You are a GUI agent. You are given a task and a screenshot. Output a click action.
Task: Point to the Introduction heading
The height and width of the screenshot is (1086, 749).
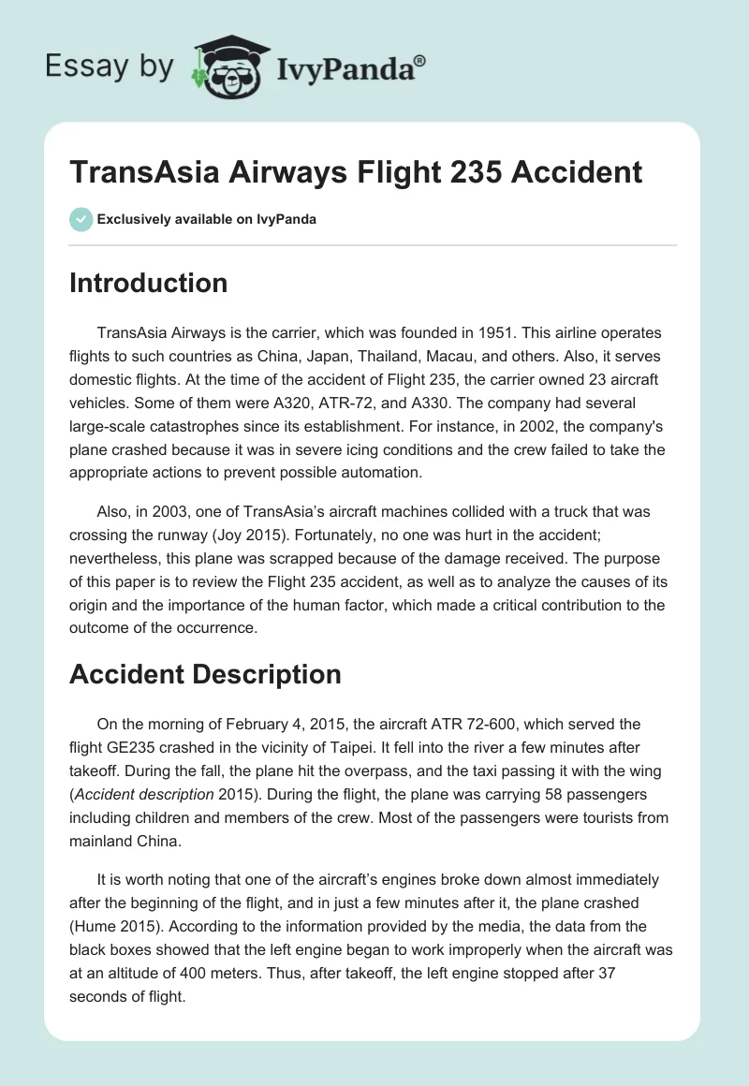(148, 283)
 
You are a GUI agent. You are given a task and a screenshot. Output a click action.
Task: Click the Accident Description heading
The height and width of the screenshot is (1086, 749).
(205, 674)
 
